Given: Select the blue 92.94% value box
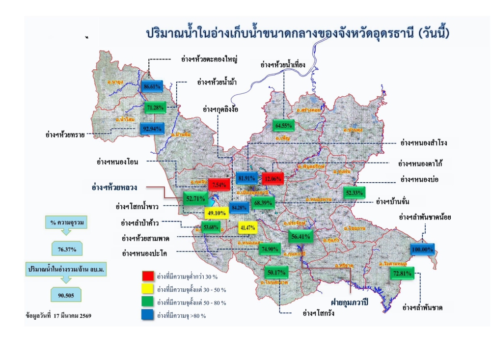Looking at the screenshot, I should (x=152, y=129).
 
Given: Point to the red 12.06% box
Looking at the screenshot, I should (x=273, y=178).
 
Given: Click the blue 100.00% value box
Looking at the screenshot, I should (x=422, y=249).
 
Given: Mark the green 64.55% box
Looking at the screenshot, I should (x=284, y=125).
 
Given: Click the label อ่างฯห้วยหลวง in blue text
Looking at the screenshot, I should (x=114, y=187).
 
